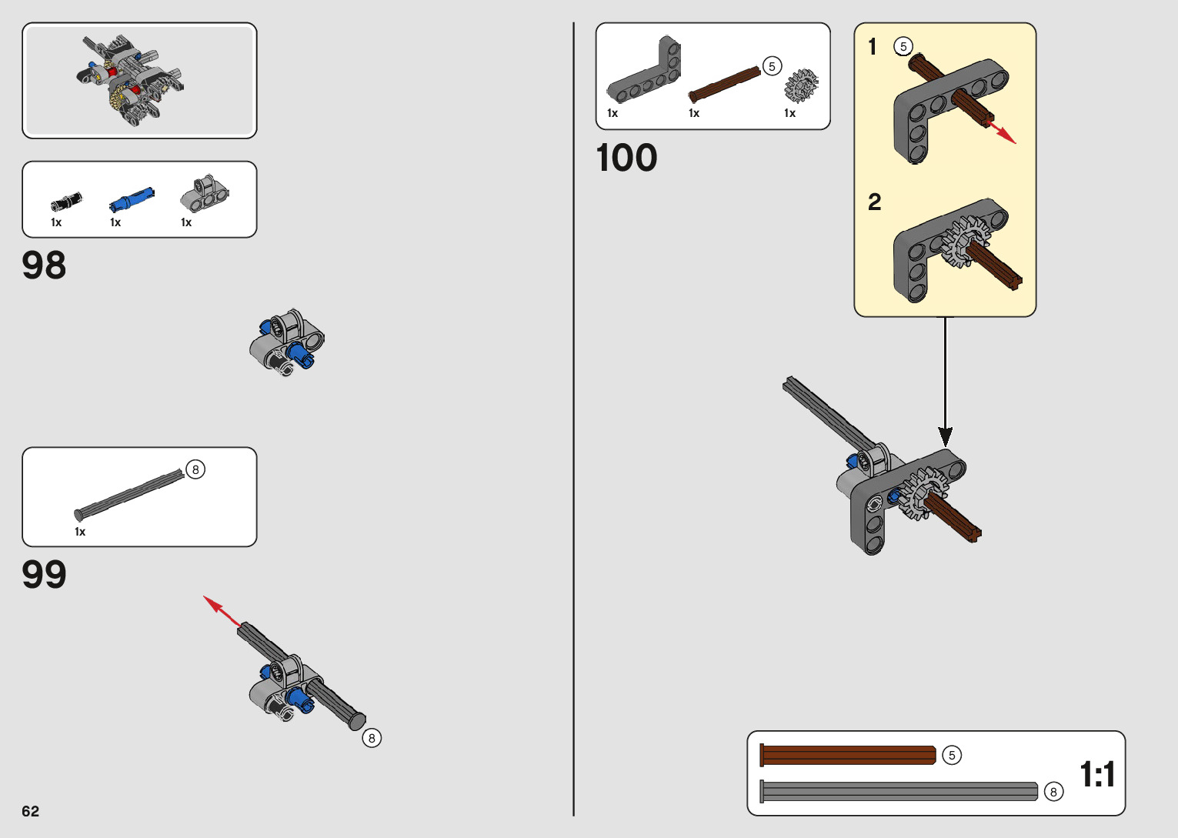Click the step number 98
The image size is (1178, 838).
pos(44,265)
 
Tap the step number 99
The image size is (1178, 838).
pos(44,575)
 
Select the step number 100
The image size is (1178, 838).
pos(626,159)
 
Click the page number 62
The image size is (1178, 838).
pos(30,811)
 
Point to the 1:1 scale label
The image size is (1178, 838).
pos(1096,774)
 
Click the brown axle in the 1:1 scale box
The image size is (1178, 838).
pos(847,755)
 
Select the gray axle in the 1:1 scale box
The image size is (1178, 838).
pos(899,791)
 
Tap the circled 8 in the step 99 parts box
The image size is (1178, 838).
pos(195,469)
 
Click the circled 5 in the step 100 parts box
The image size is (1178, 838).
pos(772,66)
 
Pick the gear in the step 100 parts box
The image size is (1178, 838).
pos(801,85)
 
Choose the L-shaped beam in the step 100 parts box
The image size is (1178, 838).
pos(645,73)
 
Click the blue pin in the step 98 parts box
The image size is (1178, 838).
pos(132,199)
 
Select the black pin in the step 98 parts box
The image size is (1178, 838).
pos(66,202)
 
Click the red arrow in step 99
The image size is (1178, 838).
pos(221,609)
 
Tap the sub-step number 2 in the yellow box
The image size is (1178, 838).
pos(874,202)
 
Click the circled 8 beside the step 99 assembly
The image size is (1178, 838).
pos(372,738)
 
